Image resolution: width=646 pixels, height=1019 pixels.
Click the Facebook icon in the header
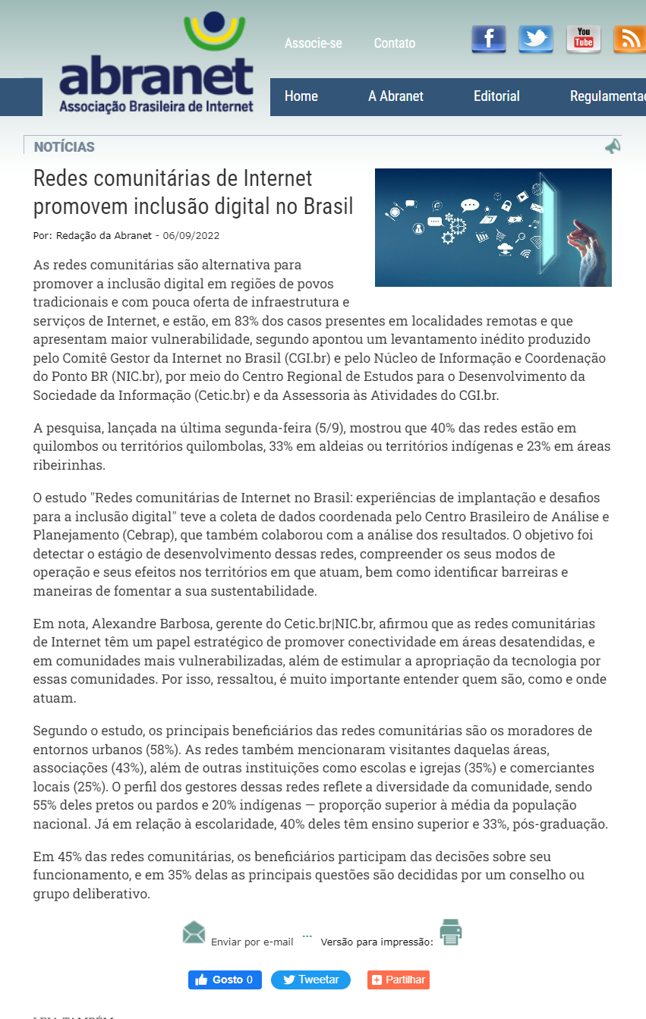coord(488,39)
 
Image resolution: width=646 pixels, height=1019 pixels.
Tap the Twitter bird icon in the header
coord(536,39)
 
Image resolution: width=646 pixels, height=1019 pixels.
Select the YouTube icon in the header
coord(583,39)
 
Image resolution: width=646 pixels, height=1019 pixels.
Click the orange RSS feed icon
coord(629,39)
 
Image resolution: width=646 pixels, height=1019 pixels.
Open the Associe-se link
coord(314,43)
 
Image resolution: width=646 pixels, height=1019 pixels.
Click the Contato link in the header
coord(395,43)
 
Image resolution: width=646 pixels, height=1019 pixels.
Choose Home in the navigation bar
coord(301,96)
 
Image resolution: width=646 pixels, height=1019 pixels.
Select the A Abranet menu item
coord(395,96)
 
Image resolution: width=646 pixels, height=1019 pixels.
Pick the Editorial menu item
coord(496,96)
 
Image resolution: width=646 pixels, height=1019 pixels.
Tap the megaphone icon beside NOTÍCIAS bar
coord(613,146)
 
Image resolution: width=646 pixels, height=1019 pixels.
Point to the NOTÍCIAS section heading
coord(65,147)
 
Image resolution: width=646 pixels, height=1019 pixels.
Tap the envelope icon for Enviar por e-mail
coord(194,931)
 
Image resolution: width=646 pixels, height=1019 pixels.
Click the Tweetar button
coord(310,980)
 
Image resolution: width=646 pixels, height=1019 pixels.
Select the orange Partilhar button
coord(399,980)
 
